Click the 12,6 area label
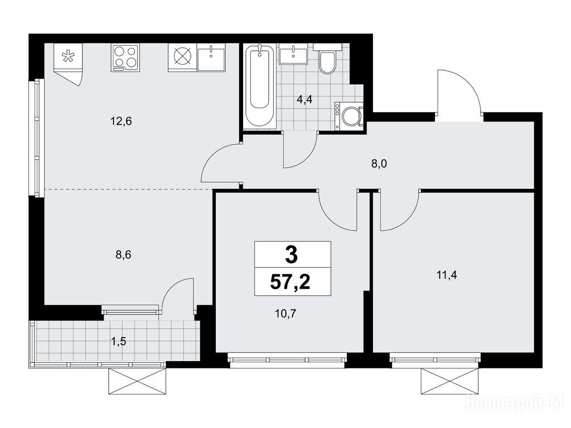coord(121,121)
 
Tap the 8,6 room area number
coord(123,255)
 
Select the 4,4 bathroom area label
coord(304,99)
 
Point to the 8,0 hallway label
coord(379,164)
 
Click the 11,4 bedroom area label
coord(447,275)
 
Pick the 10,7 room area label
coord(285,313)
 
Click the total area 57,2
coord(290,281)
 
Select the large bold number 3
coord(292,254)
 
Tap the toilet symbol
coord(327,60)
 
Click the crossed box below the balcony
coord(138,381)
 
